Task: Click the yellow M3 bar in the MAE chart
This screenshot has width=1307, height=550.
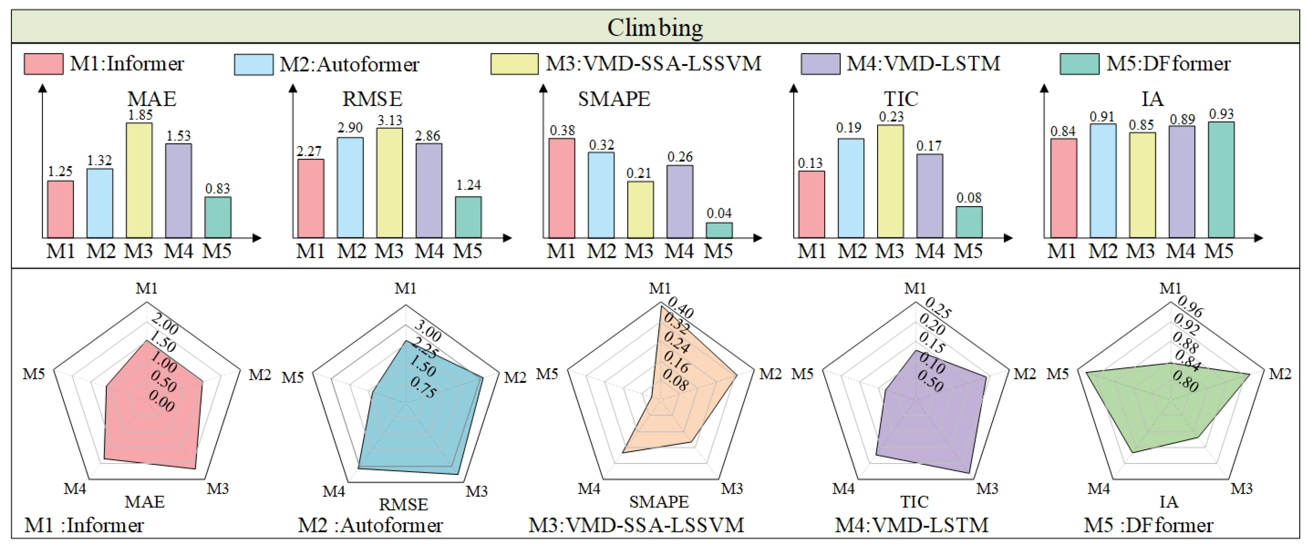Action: point(139,180)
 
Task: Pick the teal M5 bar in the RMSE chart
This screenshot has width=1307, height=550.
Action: point(468,217)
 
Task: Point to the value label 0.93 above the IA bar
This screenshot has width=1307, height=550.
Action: point(1221,114)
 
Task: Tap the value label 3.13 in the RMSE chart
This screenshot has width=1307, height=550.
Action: point(389,120)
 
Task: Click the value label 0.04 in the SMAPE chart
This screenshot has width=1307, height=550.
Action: point(719,213)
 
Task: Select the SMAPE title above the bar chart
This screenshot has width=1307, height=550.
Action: point(614,99)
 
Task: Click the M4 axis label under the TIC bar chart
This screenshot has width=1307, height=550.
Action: point(930,251)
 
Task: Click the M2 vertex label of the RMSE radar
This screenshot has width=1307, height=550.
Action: point(515,378)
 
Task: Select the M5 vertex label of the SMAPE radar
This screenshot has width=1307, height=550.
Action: point(547,374)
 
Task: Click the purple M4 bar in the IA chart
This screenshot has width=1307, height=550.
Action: point(1182,181)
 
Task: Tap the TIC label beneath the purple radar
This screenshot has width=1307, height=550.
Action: point(914,502)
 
